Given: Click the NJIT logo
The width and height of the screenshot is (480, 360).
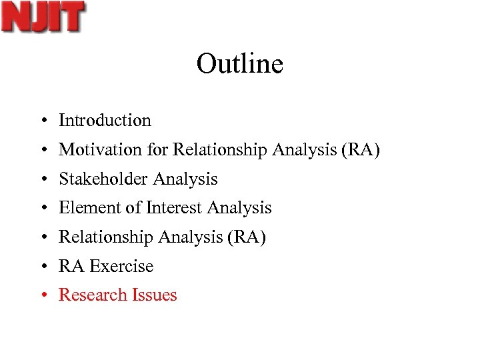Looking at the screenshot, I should point(43,17).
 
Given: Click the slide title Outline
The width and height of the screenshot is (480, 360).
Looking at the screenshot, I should point(240,64).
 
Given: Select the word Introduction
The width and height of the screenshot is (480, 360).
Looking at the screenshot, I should point(105,121).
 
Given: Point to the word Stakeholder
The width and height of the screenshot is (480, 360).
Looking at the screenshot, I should point(103,179).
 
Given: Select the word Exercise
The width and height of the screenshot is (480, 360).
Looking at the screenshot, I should point(121,266).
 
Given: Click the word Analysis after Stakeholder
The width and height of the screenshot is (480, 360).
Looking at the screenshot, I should point(185,179).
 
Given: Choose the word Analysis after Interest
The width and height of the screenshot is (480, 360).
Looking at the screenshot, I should point(239,208).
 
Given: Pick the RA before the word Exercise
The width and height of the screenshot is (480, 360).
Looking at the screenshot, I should point(71,266).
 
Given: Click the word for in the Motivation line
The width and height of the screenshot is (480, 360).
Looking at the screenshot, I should point(158,150).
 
